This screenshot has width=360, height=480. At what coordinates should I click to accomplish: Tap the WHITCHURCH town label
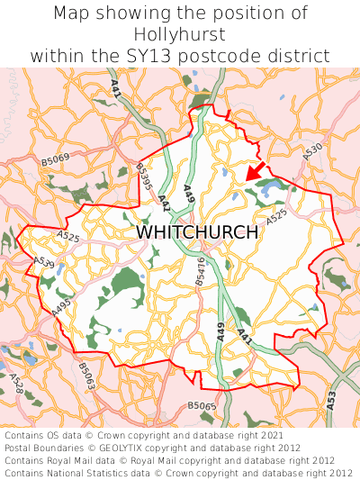point(197,231)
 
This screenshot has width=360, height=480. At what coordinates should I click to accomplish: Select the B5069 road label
point(55,161)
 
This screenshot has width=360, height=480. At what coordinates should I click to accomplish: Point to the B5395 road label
point(144,176)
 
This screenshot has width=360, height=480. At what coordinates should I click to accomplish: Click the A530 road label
point(312,154)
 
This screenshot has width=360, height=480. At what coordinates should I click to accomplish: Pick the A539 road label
point(43,264)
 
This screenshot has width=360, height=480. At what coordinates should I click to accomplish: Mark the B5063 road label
point(85,376)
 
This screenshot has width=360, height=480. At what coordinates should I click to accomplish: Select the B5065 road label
point(202,407)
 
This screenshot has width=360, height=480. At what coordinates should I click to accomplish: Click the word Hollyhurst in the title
point(180,34)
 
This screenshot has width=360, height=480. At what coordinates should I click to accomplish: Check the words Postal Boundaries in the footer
point(47,448)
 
